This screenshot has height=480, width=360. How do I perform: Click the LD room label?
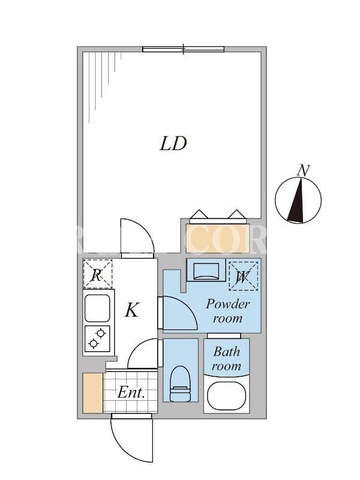(x=173, y=144)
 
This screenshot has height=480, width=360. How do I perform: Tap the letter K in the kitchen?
(x=132, y=310)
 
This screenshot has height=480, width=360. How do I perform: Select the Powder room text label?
(x=228, y=311)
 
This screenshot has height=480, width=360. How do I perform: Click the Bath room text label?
(x=226, y=359)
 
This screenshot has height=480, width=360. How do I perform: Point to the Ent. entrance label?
(x=131, y=393)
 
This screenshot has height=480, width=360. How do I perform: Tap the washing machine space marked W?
(x=244, y=276)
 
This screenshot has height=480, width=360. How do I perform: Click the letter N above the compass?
(x=304, y=170)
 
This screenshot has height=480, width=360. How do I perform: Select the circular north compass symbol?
(x=298, y=200)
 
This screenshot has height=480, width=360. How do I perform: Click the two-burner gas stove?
(x=97, y=340)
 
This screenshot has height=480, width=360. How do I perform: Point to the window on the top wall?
(x=183, y=49)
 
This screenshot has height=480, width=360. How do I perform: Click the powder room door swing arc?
(x=177, y=313)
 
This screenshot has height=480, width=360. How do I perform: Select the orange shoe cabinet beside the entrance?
(x=92, y=393)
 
